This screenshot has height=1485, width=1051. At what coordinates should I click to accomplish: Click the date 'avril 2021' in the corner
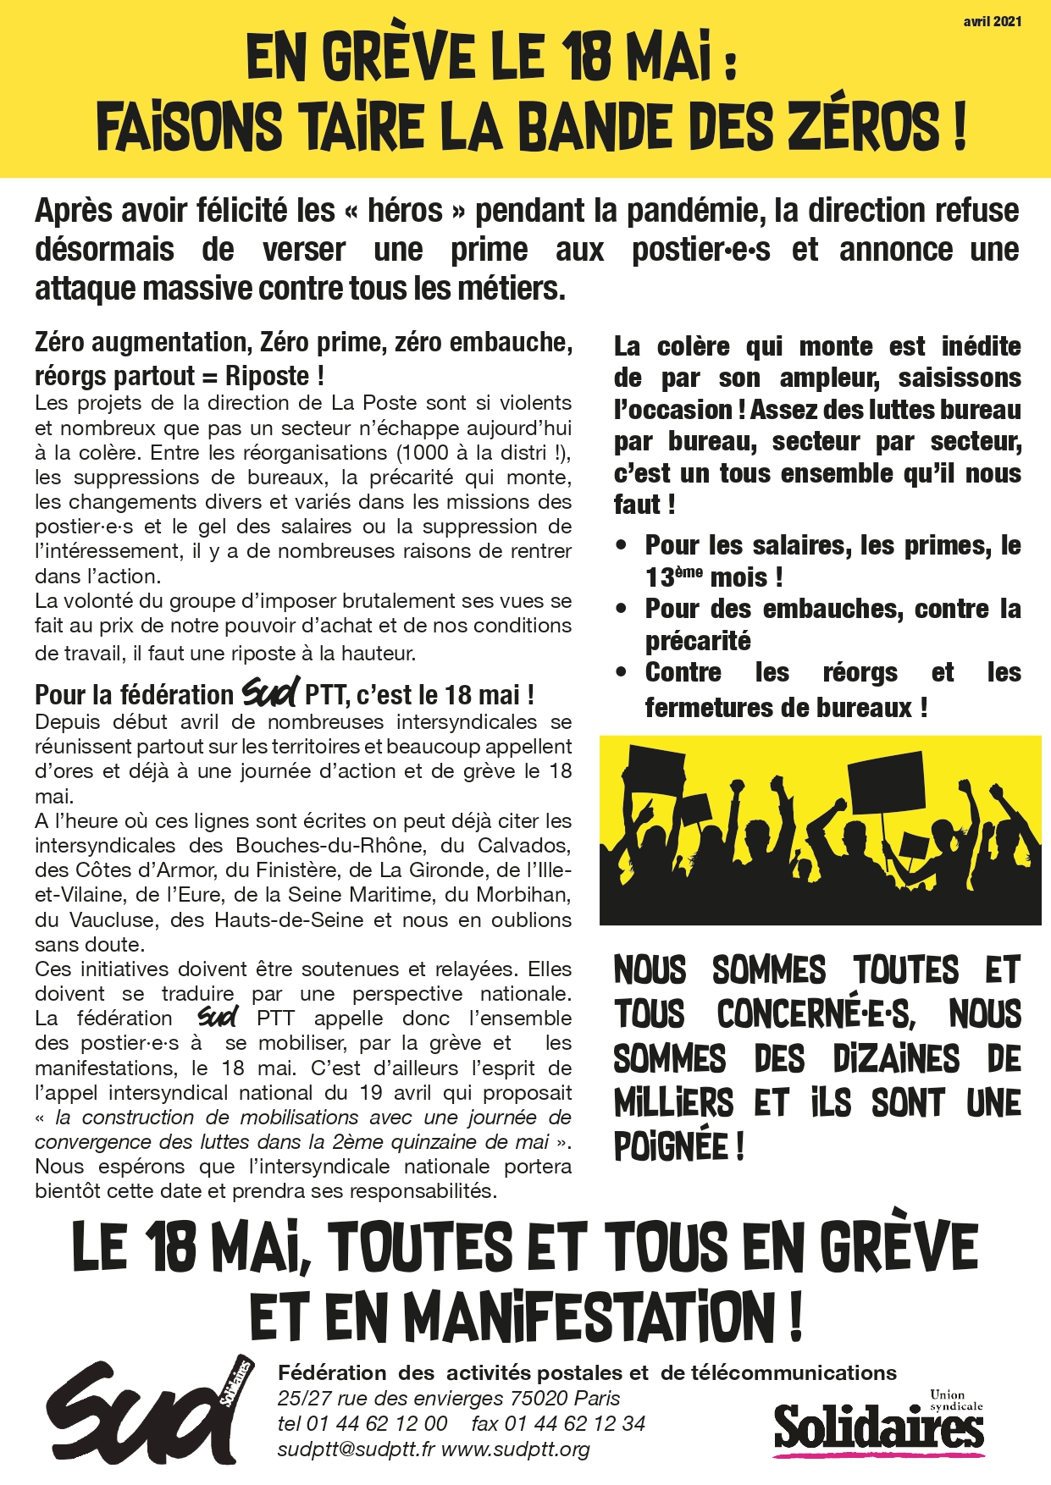point(992,21)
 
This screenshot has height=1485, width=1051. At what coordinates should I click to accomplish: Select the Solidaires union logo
point(878,1427)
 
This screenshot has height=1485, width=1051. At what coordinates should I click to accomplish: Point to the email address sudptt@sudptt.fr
point(356,1449)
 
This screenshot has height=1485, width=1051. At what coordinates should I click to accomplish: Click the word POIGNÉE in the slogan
point(668,1147)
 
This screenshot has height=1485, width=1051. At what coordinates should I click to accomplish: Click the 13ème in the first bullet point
point(673,577)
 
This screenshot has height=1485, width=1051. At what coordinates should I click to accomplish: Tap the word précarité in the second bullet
point(698,641)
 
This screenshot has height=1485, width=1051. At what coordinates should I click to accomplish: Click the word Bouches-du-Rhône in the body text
point(329,845)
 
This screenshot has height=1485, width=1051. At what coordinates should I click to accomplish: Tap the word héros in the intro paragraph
point(405,210)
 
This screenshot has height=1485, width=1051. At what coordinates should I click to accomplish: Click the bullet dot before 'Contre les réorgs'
point(622,673)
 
